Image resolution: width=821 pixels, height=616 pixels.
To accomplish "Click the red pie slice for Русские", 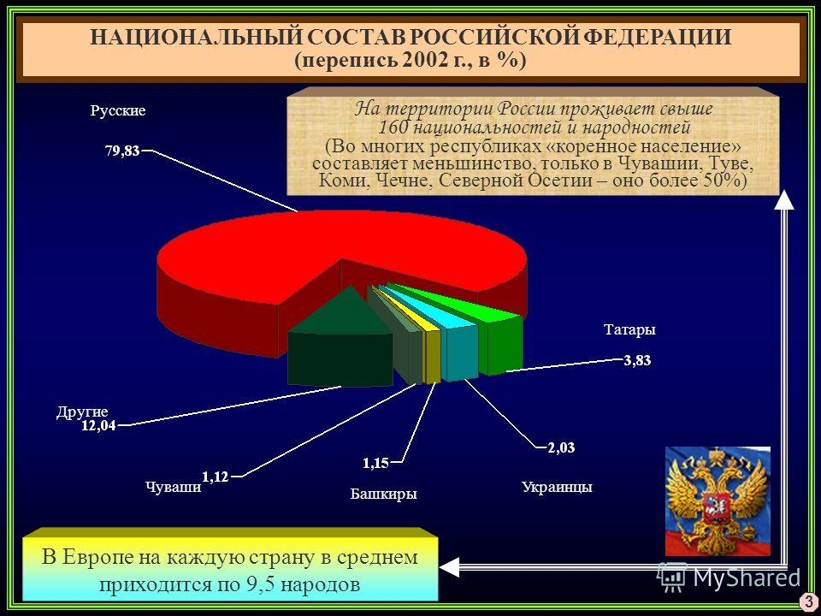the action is pyautogui.click(x=293, y=257).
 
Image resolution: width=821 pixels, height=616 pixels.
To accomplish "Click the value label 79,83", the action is pyautogui.click(x=122, y=151).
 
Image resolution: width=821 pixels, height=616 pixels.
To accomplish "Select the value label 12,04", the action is pyautogui.click(x=98, y=425).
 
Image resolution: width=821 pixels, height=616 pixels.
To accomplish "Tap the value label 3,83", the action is pyautogui.click(x=637, y=360).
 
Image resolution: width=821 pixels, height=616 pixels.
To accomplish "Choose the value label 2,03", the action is pyautogui.click(x=561, y=447).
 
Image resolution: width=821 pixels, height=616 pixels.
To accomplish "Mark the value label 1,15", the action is pyautogui.click(x=376, y=463).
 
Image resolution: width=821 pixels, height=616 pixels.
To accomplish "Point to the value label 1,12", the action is pyautogui.click(x=216, y=477).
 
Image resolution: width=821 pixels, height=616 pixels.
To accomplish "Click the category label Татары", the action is pyautogui.click(x=629, y=330).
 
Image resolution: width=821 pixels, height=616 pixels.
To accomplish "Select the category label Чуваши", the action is pyautogui.click(x=174, y=487).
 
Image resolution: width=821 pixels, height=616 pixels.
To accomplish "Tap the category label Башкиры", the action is pyautogui.click(x=383, y=494).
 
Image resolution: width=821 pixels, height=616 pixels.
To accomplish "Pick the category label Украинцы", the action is pyautogui.click(x=557, y=487).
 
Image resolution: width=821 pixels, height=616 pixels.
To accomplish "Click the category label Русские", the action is pyautogui.click(x=118, y=110).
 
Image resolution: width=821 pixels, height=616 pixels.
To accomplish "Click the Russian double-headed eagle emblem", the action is pyautogui.click(x=718, y=500).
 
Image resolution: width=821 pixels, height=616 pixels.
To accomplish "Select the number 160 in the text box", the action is pyautogui.click(x=393, y=127).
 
